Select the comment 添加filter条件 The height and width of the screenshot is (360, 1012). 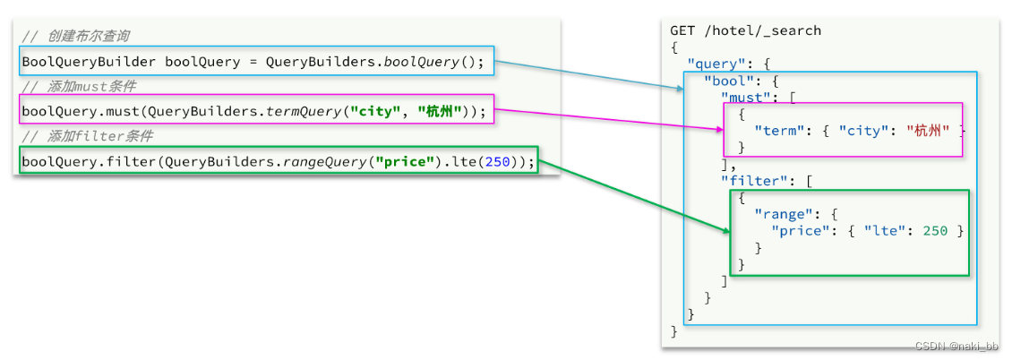click(88, 136)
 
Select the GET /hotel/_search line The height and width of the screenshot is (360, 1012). click(746, 30)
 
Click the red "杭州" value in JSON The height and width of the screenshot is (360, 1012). click(927, 131)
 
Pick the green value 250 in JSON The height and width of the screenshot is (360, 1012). click(935, 231)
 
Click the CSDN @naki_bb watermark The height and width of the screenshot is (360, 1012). click(957, 347)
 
